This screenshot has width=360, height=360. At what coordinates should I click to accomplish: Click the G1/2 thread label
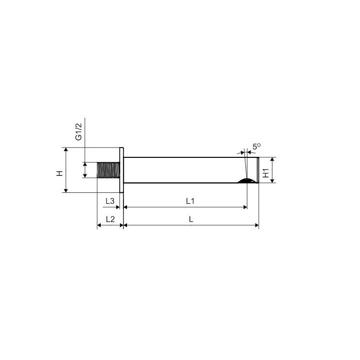(x=79, y=132)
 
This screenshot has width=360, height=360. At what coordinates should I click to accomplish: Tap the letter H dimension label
(x=60, y=173)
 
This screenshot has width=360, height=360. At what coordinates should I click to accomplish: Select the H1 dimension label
(x=266, y=173)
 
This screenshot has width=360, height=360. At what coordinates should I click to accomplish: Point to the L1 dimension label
(x=190, y=201)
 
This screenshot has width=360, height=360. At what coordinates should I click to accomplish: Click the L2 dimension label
(x=110, y=219)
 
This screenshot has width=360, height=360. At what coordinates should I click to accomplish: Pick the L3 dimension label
(x=110, y=201)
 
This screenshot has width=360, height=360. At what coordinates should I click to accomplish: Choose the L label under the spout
(x=191, y=220)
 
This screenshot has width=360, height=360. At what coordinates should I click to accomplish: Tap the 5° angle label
(x=257, y=147)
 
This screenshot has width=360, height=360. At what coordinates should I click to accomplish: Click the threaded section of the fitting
(x=109, y=170)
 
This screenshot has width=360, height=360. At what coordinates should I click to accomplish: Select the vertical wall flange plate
(x=122, y=170)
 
